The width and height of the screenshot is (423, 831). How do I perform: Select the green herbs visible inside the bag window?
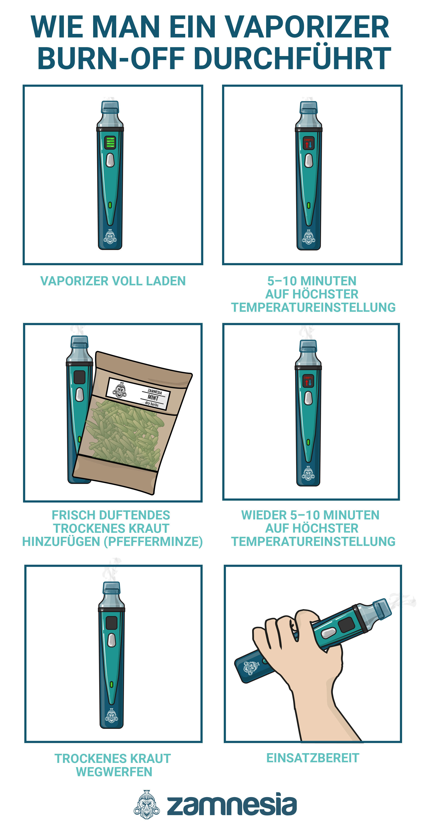[x=126, y=432]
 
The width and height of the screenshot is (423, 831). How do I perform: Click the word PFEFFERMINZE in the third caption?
[x=153, y=542]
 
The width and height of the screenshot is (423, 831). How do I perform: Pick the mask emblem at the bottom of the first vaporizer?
[x=110, y=237]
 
